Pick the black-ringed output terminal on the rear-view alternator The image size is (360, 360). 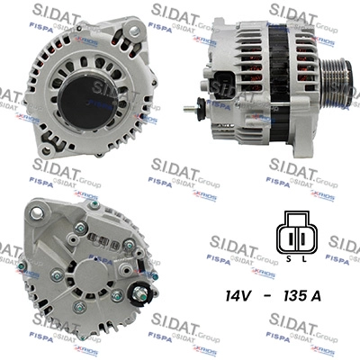point(140,291)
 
